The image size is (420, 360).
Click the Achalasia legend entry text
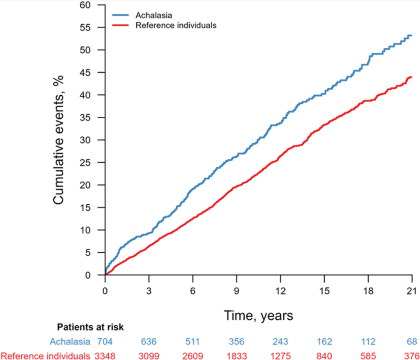point(154,16)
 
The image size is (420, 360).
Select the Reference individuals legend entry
point(176,25)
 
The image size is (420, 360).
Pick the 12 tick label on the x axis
point(280,290)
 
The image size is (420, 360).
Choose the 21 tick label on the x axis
point(412,290)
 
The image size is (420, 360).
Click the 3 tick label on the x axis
point(149,290)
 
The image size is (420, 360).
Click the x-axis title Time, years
point(258,316)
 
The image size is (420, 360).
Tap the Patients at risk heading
point(90,328)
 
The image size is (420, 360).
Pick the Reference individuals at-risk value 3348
point(105,355)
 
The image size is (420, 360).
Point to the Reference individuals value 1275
point(280,355)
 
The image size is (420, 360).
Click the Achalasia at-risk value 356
point(236,342)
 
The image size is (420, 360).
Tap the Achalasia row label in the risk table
point(70,342)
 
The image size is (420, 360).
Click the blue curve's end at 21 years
point(411,35)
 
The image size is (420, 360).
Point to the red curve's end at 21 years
point(411,77)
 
